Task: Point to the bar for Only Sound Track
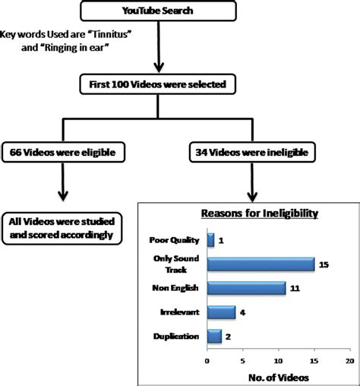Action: (x=261, y=264)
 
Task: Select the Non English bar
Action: (x=246, y=288)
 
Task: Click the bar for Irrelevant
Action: (x=221, y=312)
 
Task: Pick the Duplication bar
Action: (x=214, y=335)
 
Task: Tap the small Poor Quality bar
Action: (x=210, y=240)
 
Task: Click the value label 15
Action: (x=323, y=264)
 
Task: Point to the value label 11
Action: (x=294, y=288)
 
